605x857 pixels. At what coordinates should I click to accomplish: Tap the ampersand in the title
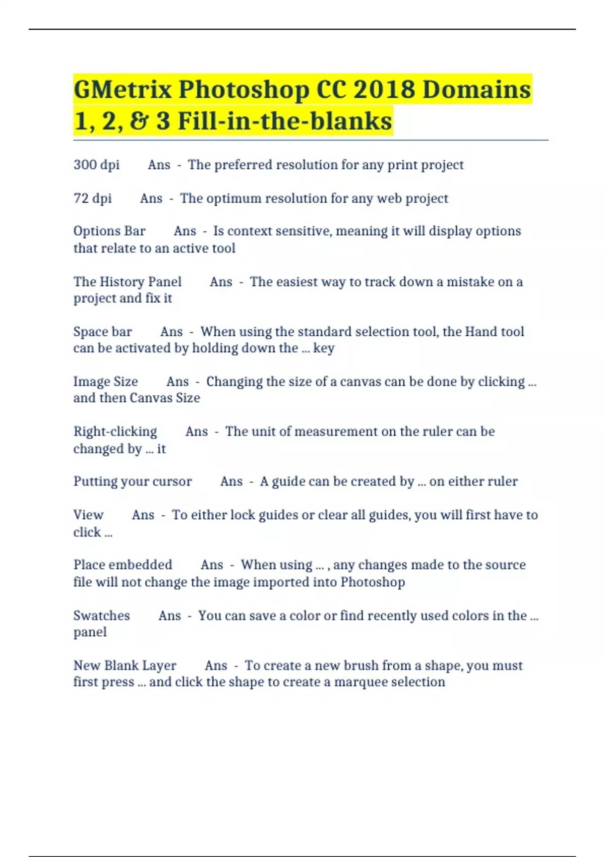138,121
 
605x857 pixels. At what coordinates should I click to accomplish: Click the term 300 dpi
96,165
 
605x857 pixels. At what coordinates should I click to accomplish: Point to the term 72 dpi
92,198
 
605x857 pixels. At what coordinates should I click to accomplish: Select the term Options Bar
109,231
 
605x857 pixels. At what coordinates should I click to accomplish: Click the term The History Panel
128,281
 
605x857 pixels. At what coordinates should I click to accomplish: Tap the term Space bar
102,332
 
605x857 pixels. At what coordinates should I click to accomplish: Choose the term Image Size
105,382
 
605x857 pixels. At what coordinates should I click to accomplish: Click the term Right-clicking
115,432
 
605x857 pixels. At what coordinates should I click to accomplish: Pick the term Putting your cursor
133,481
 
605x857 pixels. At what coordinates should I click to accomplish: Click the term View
88,515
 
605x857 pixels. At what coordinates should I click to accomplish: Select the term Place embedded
123,565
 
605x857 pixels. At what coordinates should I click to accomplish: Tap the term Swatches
101,616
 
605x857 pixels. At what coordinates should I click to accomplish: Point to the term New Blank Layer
125,665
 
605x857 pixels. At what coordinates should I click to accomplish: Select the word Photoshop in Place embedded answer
373,582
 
